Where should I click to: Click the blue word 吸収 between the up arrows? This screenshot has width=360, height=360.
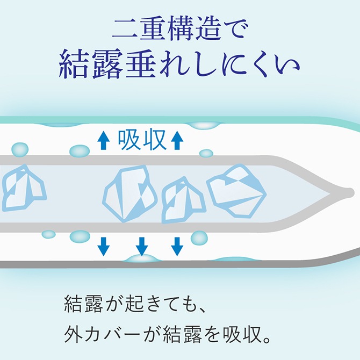coord(142,140)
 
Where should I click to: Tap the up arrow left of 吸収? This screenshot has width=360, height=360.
coord(103,140)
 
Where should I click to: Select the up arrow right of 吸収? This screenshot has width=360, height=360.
coord(177,140)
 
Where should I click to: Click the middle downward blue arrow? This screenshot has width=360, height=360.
coord(142,247)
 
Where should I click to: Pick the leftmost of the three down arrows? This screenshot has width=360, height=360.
coord(103,247)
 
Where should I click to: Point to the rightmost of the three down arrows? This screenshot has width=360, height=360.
coord(177,247)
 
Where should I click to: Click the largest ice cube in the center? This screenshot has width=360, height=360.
coord(130,193)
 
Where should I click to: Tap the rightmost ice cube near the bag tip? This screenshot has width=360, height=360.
coord(236,191)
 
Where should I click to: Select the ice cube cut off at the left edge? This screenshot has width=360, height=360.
coord(23,188)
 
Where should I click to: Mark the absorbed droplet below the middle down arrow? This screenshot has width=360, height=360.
coord(142,259)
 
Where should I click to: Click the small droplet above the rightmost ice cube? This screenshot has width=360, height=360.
coord(206,153)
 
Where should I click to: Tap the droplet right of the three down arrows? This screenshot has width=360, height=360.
coord(199,237)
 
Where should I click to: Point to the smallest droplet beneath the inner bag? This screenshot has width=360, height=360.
coord(48,234)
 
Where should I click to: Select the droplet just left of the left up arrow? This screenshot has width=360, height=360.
coord(80,151)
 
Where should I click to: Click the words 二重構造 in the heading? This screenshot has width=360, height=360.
coord(167,30)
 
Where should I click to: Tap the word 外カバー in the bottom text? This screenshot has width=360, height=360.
coord(103,334)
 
